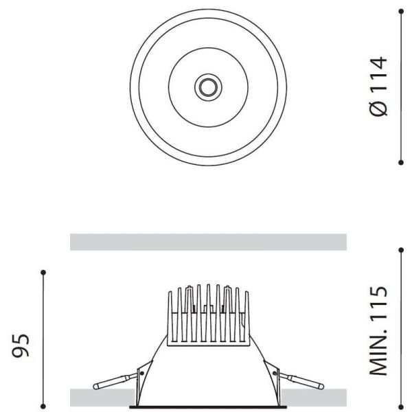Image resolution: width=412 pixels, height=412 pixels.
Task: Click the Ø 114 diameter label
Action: point(378,87)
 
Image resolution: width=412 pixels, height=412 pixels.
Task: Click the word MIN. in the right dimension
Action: point(378,354)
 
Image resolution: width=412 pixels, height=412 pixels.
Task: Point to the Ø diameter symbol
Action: point(378,108)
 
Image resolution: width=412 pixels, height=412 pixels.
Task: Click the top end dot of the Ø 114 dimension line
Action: point(401,10)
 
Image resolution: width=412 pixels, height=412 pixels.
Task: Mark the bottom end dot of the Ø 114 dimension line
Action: point(401,163)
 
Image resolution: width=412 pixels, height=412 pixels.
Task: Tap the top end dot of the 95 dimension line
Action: point(44,273)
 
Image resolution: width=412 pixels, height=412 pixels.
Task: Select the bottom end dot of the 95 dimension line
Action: point(44,405)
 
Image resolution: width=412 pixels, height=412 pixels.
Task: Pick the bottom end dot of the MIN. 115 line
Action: point(401,405)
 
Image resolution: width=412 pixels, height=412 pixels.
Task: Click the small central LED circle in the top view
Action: point(207,87)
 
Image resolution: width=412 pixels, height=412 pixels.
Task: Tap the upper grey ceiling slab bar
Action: point(208,242)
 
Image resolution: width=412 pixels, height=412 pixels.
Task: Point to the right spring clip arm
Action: point(299,380)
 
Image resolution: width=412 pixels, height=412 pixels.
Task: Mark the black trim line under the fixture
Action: point(207,407)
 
